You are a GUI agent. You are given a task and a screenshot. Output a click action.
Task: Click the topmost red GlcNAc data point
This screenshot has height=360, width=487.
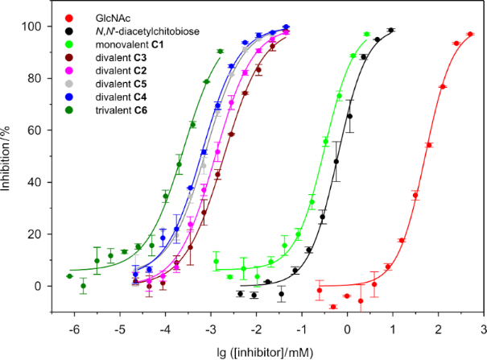470,35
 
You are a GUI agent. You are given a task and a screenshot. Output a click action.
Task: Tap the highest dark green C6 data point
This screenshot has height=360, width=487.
220,52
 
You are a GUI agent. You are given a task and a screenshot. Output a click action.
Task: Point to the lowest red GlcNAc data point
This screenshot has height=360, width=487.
333,306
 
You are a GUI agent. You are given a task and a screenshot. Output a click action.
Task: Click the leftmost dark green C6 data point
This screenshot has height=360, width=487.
69,275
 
